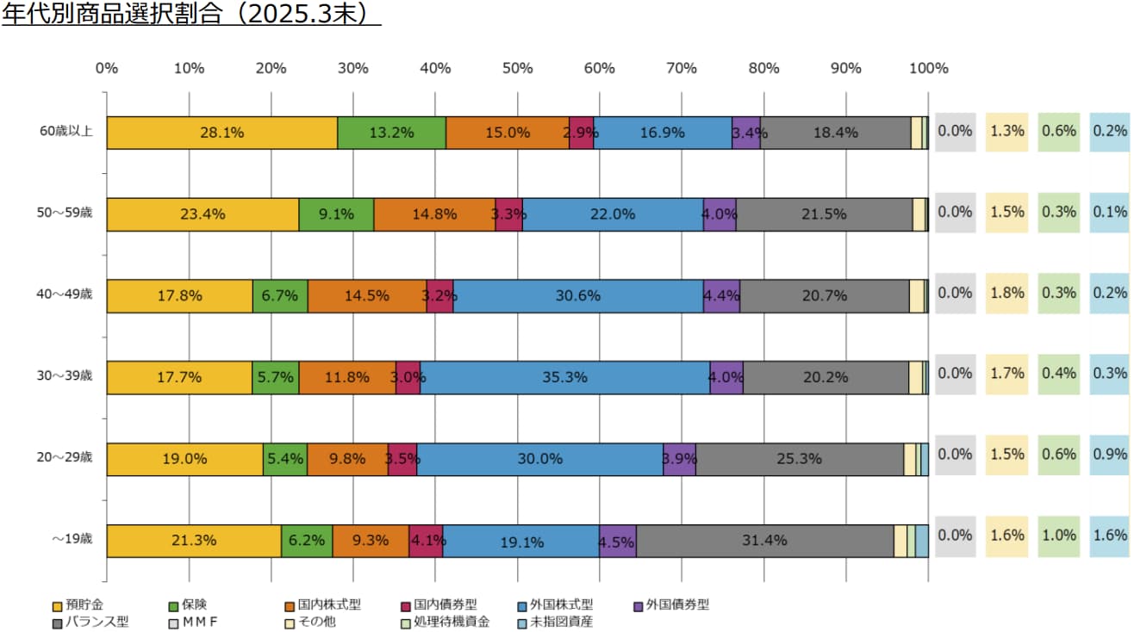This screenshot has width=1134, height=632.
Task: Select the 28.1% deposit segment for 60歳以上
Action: pos(221,133)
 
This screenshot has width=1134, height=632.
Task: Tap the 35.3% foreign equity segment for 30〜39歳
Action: pos(564,377)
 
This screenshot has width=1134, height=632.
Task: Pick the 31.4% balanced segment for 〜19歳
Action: pos(764,541)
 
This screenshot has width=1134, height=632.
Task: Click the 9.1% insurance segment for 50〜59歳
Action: pos(336,214)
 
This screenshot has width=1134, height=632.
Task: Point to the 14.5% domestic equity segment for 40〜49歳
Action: pos(367,295)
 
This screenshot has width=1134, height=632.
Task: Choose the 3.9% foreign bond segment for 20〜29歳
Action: pos(679,459)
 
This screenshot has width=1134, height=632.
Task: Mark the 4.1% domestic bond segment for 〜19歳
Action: pos(426,541)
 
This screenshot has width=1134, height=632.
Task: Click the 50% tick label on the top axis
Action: pos(517,69)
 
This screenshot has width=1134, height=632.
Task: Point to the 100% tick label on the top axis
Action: pos(929,69)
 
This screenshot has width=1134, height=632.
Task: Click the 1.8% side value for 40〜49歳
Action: pos(1007,293)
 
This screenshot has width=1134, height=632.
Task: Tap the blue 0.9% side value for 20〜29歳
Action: pos(1110,455)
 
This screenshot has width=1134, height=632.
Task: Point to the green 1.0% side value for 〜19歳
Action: pos(1059,535)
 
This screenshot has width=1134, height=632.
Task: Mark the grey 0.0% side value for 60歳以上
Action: pos(955,131)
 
